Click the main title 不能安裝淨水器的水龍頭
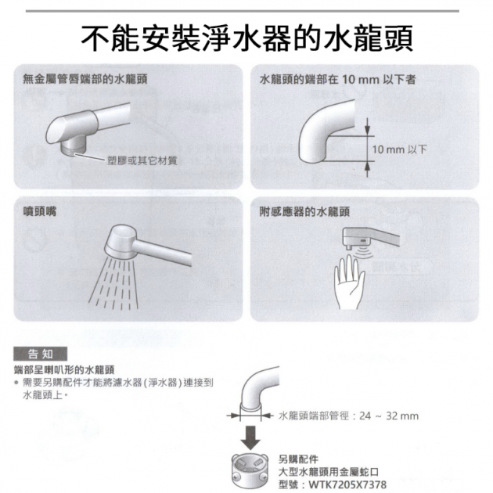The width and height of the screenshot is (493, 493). click(x=246, y=38)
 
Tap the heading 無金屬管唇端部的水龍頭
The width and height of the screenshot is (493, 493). click(x=85, y=79)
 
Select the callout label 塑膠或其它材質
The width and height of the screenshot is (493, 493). click(x=142, y=160)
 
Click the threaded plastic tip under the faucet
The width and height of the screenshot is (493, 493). click(x=74, y=146)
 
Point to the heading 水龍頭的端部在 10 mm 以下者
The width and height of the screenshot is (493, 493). click(x=338, y=79)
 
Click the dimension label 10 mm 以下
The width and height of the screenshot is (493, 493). click(x=399, y=149)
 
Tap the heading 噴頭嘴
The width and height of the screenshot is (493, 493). click(x=40, y=211)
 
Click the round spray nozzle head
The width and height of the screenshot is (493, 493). click(x=122, y=242)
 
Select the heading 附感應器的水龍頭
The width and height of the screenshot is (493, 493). click(x=304, y=211)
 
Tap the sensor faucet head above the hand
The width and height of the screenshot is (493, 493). click(x=358, y=237)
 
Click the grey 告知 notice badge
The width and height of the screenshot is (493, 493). click(x=40, y=354)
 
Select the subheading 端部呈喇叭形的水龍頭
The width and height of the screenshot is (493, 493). click(x=64, y=369)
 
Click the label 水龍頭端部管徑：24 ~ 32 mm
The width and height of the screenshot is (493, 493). click(x=349, y=416)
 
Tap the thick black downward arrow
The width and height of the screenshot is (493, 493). click(x=250, y=437)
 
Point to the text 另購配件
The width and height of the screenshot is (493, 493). click(x=298, y=459)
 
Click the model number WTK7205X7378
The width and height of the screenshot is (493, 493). click(x=347, y=484)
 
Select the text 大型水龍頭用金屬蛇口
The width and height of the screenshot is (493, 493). click(x=329, y=472)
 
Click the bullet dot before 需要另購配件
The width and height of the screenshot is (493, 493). click(x=16, y=383)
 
